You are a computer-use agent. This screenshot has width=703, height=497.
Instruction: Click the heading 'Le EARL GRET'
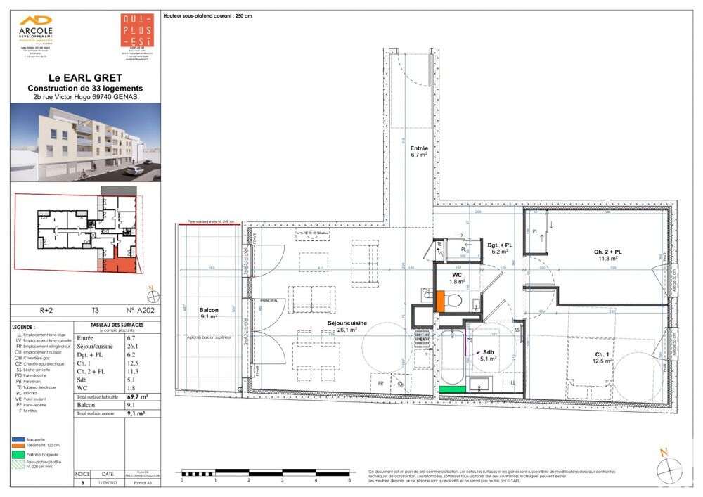(84, 77)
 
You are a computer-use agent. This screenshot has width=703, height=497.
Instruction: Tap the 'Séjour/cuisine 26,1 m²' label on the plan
(342, 325)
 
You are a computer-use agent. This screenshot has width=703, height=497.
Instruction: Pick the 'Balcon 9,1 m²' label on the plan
(209, 313)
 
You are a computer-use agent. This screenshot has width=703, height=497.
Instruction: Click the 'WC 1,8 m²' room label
(456, 277)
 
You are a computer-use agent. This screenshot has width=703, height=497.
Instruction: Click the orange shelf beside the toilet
(440, 301)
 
